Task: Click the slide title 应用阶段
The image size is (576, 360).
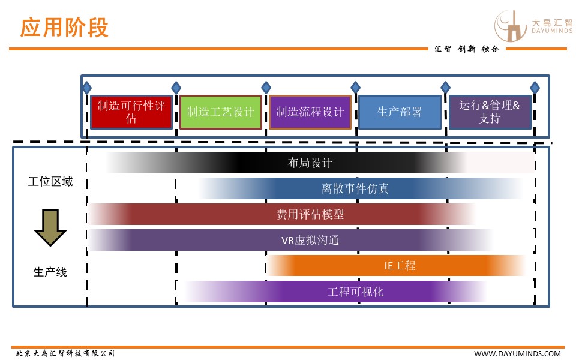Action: tap(65, 28)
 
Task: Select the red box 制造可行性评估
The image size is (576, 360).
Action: tap(131, 112)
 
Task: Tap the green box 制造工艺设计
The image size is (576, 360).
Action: tap(220, 112)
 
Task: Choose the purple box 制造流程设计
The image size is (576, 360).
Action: tap(310, 112)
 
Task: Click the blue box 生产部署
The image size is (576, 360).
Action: tap(400, 112)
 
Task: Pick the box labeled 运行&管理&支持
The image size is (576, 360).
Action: tap(490, 112)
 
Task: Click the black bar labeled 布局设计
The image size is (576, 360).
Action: tap(310, 163)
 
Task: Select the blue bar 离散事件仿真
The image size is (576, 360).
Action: tap(355, 188)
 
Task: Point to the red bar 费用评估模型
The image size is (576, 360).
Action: tap(310, 214)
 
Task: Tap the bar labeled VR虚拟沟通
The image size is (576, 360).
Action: tap(310, 240)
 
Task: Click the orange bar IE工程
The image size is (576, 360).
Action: tap(400, 265)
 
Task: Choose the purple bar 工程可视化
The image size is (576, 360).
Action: tap(355, 292)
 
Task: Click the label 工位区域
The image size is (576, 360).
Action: tap(50, 181)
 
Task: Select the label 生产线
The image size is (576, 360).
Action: tap(50, 272)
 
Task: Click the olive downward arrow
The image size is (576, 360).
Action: tap(50, 227)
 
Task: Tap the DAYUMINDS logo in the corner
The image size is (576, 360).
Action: tap(532, 26)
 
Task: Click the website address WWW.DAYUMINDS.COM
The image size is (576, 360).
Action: tap(518, 353)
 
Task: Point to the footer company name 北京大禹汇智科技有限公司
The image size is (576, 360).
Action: tap(65, 353)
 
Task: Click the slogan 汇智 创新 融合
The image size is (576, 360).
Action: tap(466, 49)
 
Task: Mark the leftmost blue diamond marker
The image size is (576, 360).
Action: tap(87, 88)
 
